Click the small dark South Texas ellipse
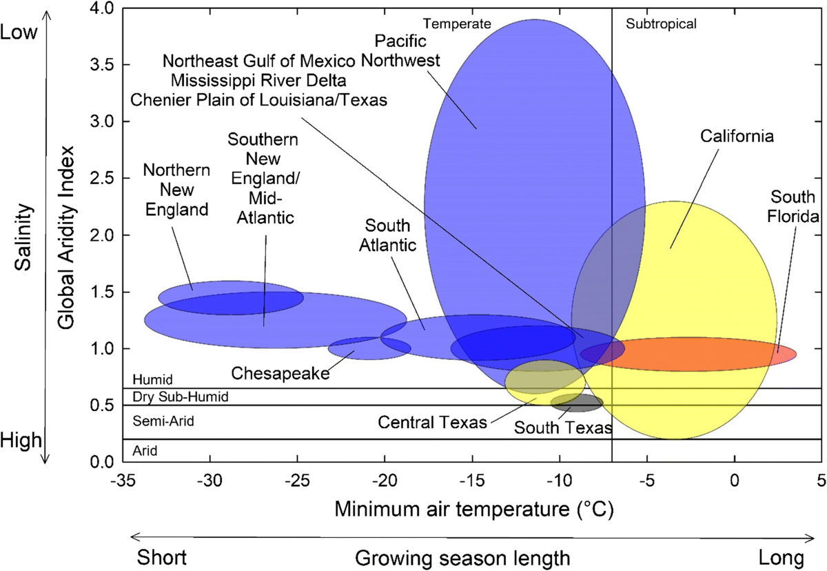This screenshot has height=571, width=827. [577, 401]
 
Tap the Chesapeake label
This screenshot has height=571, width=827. [280, 373]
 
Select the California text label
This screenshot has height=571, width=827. [737, 136]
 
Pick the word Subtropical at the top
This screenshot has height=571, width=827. [661, 23]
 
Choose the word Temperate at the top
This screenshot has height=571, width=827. [457, 23]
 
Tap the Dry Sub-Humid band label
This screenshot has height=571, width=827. [180, 397]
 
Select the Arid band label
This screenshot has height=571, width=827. [145, 451]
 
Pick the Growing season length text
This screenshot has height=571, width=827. [463, 557]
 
